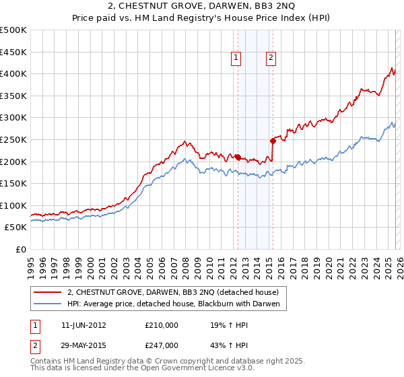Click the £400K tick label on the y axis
pos(13,74)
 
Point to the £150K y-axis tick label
pos(13,183)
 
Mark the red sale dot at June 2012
pos(238,157)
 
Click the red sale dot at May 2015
pos(273,141)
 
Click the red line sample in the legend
pos(48,292)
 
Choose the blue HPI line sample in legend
pos(48,304)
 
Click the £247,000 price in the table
pos(161,345)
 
